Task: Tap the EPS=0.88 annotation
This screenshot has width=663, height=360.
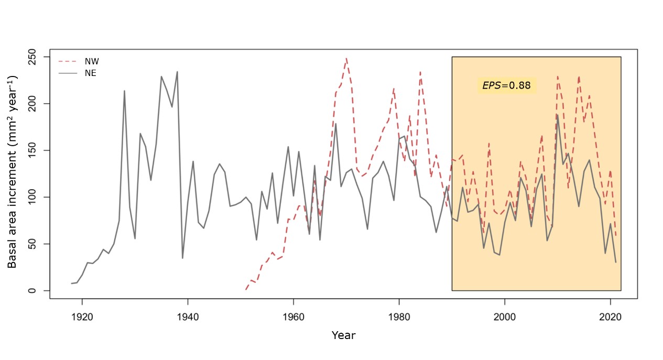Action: coord(506,85)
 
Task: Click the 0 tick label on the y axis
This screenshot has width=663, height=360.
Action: coord(39,291)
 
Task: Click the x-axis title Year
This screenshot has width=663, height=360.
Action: coord(343,335)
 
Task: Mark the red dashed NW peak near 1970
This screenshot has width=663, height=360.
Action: coord(346,59)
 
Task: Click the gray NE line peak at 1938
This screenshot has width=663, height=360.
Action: coord(177,72)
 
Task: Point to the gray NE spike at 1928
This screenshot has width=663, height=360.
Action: coord(124,91)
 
